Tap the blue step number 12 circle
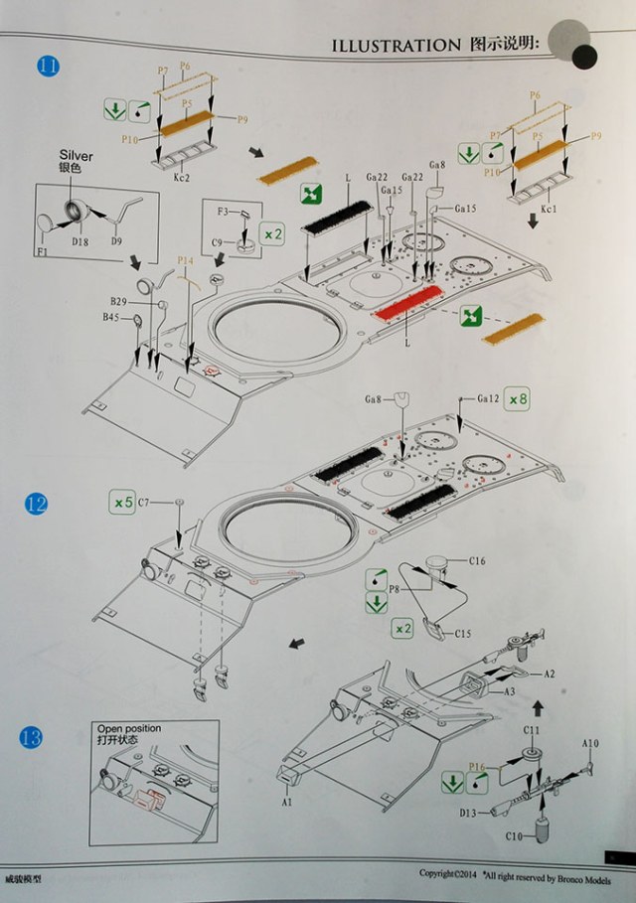point(36,504)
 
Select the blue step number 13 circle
point(33,737)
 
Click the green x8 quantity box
point(518,399)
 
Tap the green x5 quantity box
point(121,503)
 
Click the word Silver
point(76,156)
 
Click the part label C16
point(479,562)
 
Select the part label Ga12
point(487,398)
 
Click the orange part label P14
point(185,260)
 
